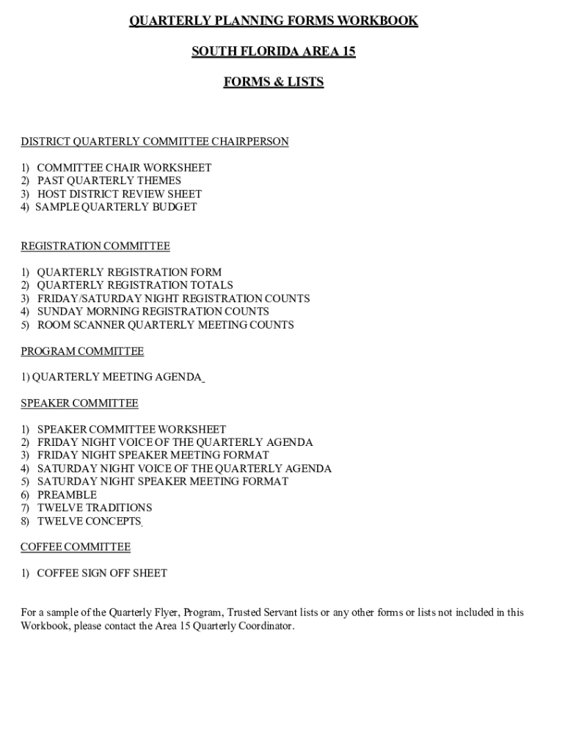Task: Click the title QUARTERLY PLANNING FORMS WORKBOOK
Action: point(274,21)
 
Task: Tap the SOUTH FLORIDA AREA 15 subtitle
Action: point(274,51)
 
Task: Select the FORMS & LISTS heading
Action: point(274,82)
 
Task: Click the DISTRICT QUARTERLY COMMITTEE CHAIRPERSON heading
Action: point(155,142)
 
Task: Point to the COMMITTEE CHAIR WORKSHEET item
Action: point(124,168)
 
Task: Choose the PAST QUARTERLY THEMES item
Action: point(109,180)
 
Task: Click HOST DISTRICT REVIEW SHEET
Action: point(120,194)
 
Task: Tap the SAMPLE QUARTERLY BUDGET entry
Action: point(117,207)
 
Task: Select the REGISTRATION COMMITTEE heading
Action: point(95,246)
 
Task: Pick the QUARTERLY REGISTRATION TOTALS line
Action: point(135,285)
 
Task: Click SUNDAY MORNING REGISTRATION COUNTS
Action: point(153,312)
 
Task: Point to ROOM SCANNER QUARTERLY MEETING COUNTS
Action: point(166,325)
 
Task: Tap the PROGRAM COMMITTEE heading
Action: point(82,351)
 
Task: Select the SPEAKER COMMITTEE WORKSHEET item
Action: point(132,430)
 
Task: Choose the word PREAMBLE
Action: point(67,495)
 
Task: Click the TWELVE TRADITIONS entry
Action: point(95,508)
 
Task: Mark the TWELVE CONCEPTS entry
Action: point(89,521)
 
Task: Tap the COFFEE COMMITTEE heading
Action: point(76,547)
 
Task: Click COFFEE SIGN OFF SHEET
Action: point(102,574)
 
